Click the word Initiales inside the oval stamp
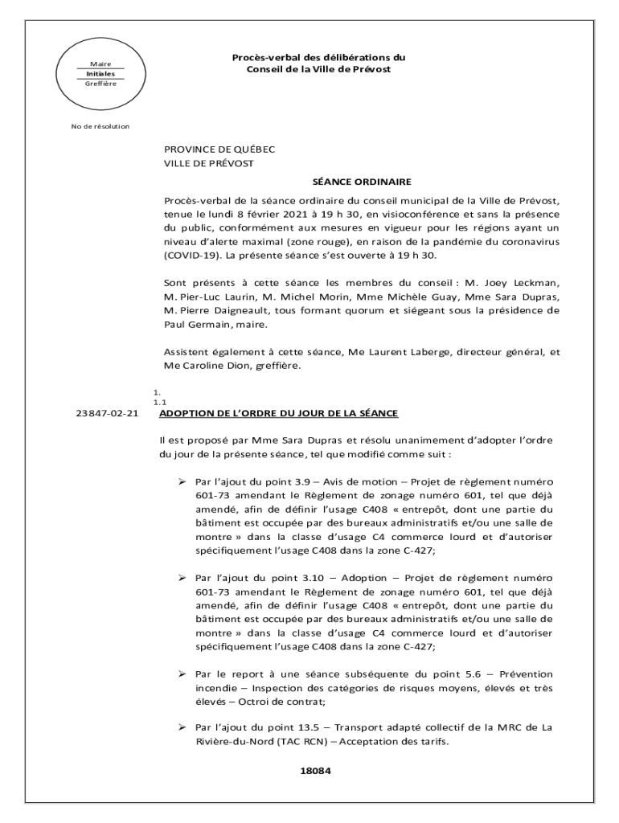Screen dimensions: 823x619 (x=101, y=73)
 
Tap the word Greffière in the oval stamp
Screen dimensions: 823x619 (x=101, y=83)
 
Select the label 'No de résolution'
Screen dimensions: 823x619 (x=100, y=126)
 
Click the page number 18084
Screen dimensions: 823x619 (x=315, y=770)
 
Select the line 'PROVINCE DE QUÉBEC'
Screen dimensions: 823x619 (x=219, y=149)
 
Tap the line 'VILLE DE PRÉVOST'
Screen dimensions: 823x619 (x=209, y=163)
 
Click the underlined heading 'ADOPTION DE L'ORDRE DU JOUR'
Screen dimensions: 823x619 (x=278, y=414)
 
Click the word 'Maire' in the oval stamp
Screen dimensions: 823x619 (x=100, y=63)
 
